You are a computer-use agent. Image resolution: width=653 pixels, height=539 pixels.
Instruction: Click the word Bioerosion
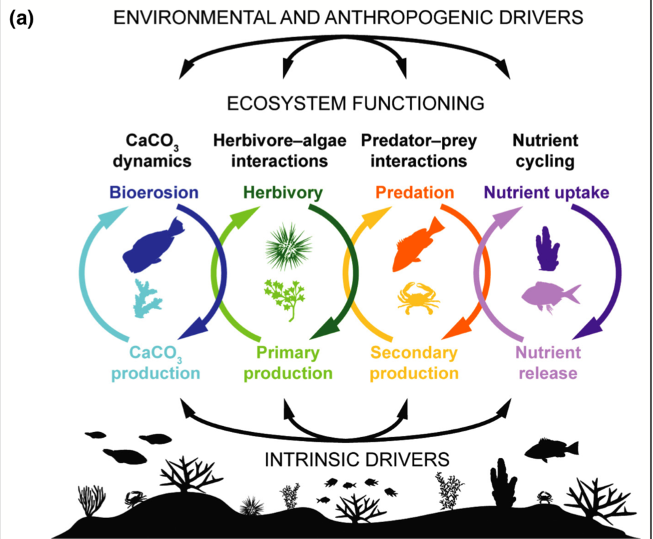click(153, 192)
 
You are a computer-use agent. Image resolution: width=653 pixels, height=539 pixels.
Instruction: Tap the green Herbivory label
click(283, 192)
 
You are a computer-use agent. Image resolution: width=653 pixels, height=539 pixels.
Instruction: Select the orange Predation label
click(415, 192)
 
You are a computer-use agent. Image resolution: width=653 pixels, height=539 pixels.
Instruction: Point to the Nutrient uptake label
click(547, 192)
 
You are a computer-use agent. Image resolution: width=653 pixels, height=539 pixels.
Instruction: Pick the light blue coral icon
click(148, 298)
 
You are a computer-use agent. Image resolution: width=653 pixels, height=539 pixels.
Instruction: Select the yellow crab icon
click(419, 298)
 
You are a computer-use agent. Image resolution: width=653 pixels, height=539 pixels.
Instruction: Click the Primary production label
click(288, 363)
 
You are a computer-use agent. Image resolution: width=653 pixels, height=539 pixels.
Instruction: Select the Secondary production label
click(415, 363)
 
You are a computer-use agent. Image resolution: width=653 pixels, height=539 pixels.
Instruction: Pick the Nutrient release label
click(548, 363)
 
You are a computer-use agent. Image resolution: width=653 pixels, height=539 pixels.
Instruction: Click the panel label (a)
click(22, 19)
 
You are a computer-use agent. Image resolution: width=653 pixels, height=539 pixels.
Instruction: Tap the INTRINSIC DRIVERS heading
click(357, 460)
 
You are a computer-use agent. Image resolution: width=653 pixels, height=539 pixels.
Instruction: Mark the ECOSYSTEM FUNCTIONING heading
click(356, 103)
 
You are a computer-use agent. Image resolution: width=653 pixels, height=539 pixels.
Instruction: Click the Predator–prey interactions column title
click(419, 151)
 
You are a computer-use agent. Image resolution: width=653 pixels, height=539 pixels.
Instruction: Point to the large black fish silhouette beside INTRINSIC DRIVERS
click(551, 450)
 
